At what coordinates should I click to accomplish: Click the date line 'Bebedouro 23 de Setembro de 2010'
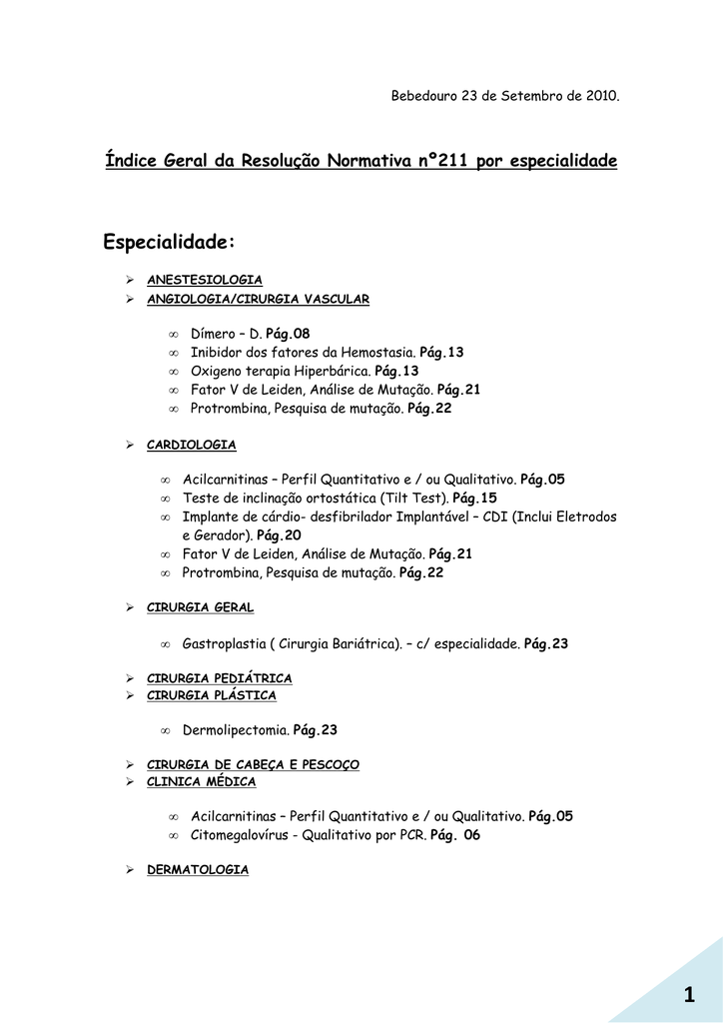coord(504,96)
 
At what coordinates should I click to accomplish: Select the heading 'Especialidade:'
coord(170,243)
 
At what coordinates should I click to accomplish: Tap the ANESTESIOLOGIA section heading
coord(205,280)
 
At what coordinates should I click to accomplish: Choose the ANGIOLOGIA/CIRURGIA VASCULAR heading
coord(258,299)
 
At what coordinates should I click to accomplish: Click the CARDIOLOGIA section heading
coord(192,444)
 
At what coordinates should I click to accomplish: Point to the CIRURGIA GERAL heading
coord(200,606)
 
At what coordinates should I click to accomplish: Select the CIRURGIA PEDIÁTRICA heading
coord(220,678)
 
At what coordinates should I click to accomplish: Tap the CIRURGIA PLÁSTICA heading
coord(212,695)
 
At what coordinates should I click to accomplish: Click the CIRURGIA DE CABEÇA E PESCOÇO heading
coord(253,764)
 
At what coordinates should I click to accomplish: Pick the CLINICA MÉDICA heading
coord(202,781)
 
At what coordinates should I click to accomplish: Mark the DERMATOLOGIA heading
coord(198,870)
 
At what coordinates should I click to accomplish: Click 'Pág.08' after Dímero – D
coord(288,334)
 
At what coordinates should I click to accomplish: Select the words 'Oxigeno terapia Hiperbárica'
coord(280,371)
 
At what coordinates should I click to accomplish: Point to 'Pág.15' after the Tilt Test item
coord(474,498)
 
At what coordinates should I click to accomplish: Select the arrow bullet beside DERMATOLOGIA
coord(130,870)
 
